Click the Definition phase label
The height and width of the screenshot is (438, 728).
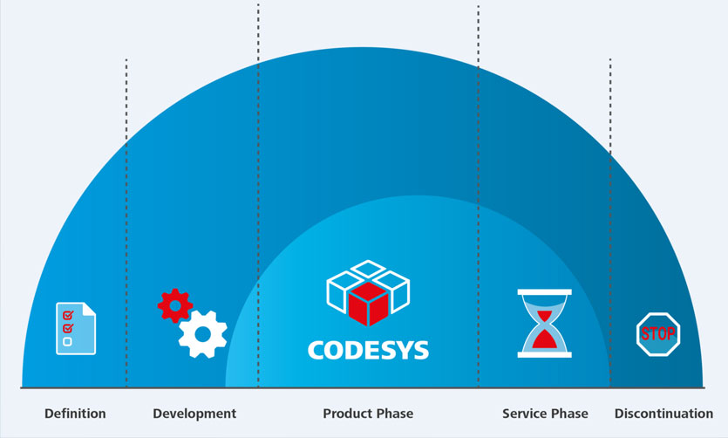coord(75,414)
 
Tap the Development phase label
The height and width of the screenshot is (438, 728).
coord(194,414)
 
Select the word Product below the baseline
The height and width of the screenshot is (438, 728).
coord(345,414)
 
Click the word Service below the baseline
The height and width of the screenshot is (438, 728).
coord(524,414)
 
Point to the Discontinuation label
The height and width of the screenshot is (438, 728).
coord(664,414)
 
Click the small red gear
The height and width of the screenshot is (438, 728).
coord(175,305)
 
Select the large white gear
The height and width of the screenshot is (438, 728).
coord(203,334)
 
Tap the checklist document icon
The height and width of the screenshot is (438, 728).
coord(76,328)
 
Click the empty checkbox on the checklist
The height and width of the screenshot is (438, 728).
coord(68,342)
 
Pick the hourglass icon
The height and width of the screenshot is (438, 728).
coord(545,324)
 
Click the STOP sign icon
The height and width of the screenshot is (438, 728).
coord(658,334)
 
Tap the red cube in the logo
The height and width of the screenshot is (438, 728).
coord(368,305)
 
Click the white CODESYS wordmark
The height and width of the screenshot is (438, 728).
coord(368,350)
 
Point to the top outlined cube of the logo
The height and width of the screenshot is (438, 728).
coord(368,269)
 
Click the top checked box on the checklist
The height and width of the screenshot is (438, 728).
coord(68,316)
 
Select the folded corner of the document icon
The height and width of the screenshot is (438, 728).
coord(90,309)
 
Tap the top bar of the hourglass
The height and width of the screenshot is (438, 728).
coord(545,292)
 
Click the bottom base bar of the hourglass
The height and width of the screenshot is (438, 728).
coord(545,355)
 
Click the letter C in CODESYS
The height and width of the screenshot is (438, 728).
coord(316,350)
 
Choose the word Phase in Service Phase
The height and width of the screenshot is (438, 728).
coord(568,414)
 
